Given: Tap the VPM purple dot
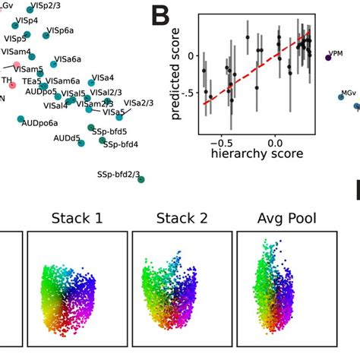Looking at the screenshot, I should point(328,58).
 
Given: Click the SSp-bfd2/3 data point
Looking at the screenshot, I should point(141,179).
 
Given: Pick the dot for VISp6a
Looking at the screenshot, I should point(43,32).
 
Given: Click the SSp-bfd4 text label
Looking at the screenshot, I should point(121,144).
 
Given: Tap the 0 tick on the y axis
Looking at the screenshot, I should point(184,55).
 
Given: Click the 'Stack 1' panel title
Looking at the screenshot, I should point(77,220).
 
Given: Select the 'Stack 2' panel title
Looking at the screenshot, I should point(182,220).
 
